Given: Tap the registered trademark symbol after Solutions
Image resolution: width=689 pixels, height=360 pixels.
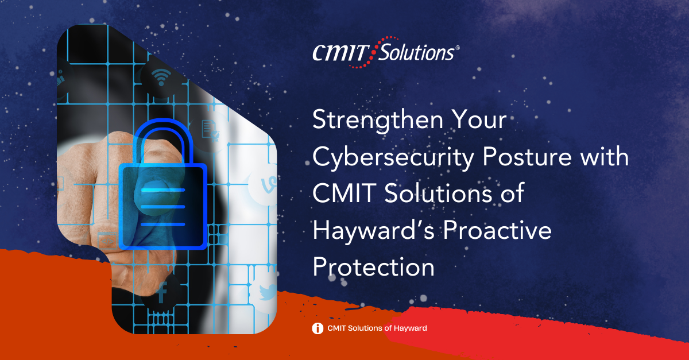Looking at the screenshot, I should point(457,49).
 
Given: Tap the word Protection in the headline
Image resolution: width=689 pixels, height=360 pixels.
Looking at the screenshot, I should point(373,267).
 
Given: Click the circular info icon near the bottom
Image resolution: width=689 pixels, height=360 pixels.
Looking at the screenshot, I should point(317,328).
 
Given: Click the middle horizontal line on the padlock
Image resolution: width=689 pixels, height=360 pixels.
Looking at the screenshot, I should point(162,206).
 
